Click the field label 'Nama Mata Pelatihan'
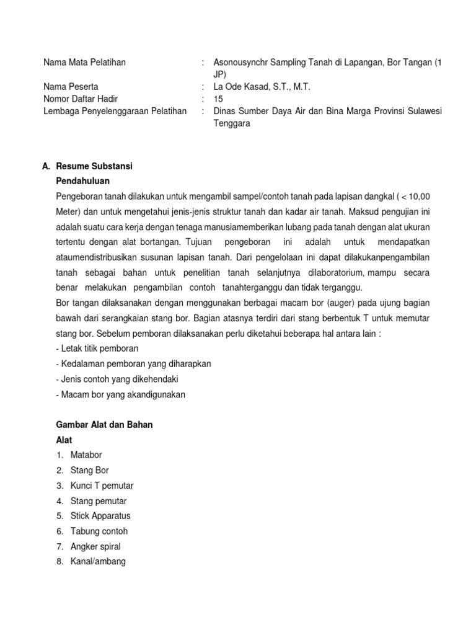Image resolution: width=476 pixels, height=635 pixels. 84,63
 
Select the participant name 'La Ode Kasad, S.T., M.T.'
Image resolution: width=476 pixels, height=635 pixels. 262,87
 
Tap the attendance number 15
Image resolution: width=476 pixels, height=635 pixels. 218,99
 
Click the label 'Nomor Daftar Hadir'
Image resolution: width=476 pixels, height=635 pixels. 81,99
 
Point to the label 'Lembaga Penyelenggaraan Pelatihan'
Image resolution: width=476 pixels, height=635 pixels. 115,111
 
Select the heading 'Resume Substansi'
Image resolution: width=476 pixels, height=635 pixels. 94,167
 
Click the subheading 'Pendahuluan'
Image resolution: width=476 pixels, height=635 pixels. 82,181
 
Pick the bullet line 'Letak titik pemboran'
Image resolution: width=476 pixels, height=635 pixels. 97,348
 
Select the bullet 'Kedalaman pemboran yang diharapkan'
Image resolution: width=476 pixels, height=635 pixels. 133,363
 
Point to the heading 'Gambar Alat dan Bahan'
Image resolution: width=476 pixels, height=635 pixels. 104,425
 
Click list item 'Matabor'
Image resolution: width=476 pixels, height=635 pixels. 86,455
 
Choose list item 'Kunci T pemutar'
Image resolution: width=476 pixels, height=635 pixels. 102,486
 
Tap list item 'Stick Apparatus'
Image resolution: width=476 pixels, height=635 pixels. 100,516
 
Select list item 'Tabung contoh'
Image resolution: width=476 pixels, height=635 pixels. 99,531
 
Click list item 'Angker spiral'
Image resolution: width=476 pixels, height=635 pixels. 95,546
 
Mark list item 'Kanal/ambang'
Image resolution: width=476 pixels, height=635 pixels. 98,562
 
